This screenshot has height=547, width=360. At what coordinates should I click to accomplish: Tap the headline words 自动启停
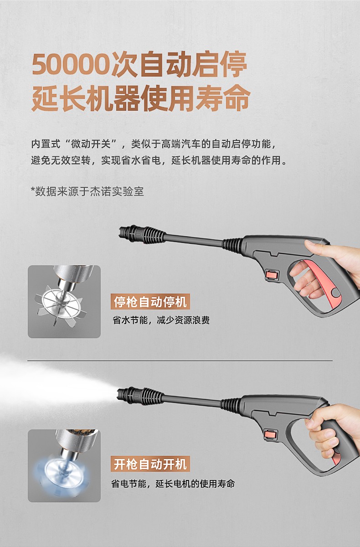194,64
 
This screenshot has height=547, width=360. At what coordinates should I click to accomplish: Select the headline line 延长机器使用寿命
141,98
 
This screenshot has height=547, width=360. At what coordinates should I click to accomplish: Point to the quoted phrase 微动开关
91,144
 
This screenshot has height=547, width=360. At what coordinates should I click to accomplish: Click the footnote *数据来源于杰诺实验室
87,191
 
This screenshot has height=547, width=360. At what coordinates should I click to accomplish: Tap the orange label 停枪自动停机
150,302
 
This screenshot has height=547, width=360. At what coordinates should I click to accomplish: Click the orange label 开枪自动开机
150,464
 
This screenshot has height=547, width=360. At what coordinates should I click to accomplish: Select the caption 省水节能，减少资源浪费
161,320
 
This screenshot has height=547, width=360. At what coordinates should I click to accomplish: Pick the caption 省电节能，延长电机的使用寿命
173,484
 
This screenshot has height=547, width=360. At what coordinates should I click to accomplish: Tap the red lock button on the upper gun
272,275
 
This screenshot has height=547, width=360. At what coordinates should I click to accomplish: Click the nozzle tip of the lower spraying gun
119,394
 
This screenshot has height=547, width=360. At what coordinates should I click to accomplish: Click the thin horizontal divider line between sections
180,361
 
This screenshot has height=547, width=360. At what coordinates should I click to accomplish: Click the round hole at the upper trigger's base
335,293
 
